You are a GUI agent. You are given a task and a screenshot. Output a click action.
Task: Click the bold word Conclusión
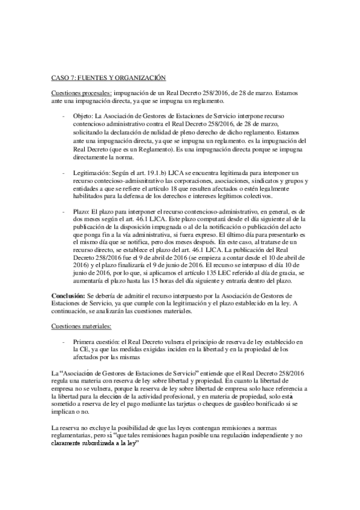[x=67, y=295]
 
